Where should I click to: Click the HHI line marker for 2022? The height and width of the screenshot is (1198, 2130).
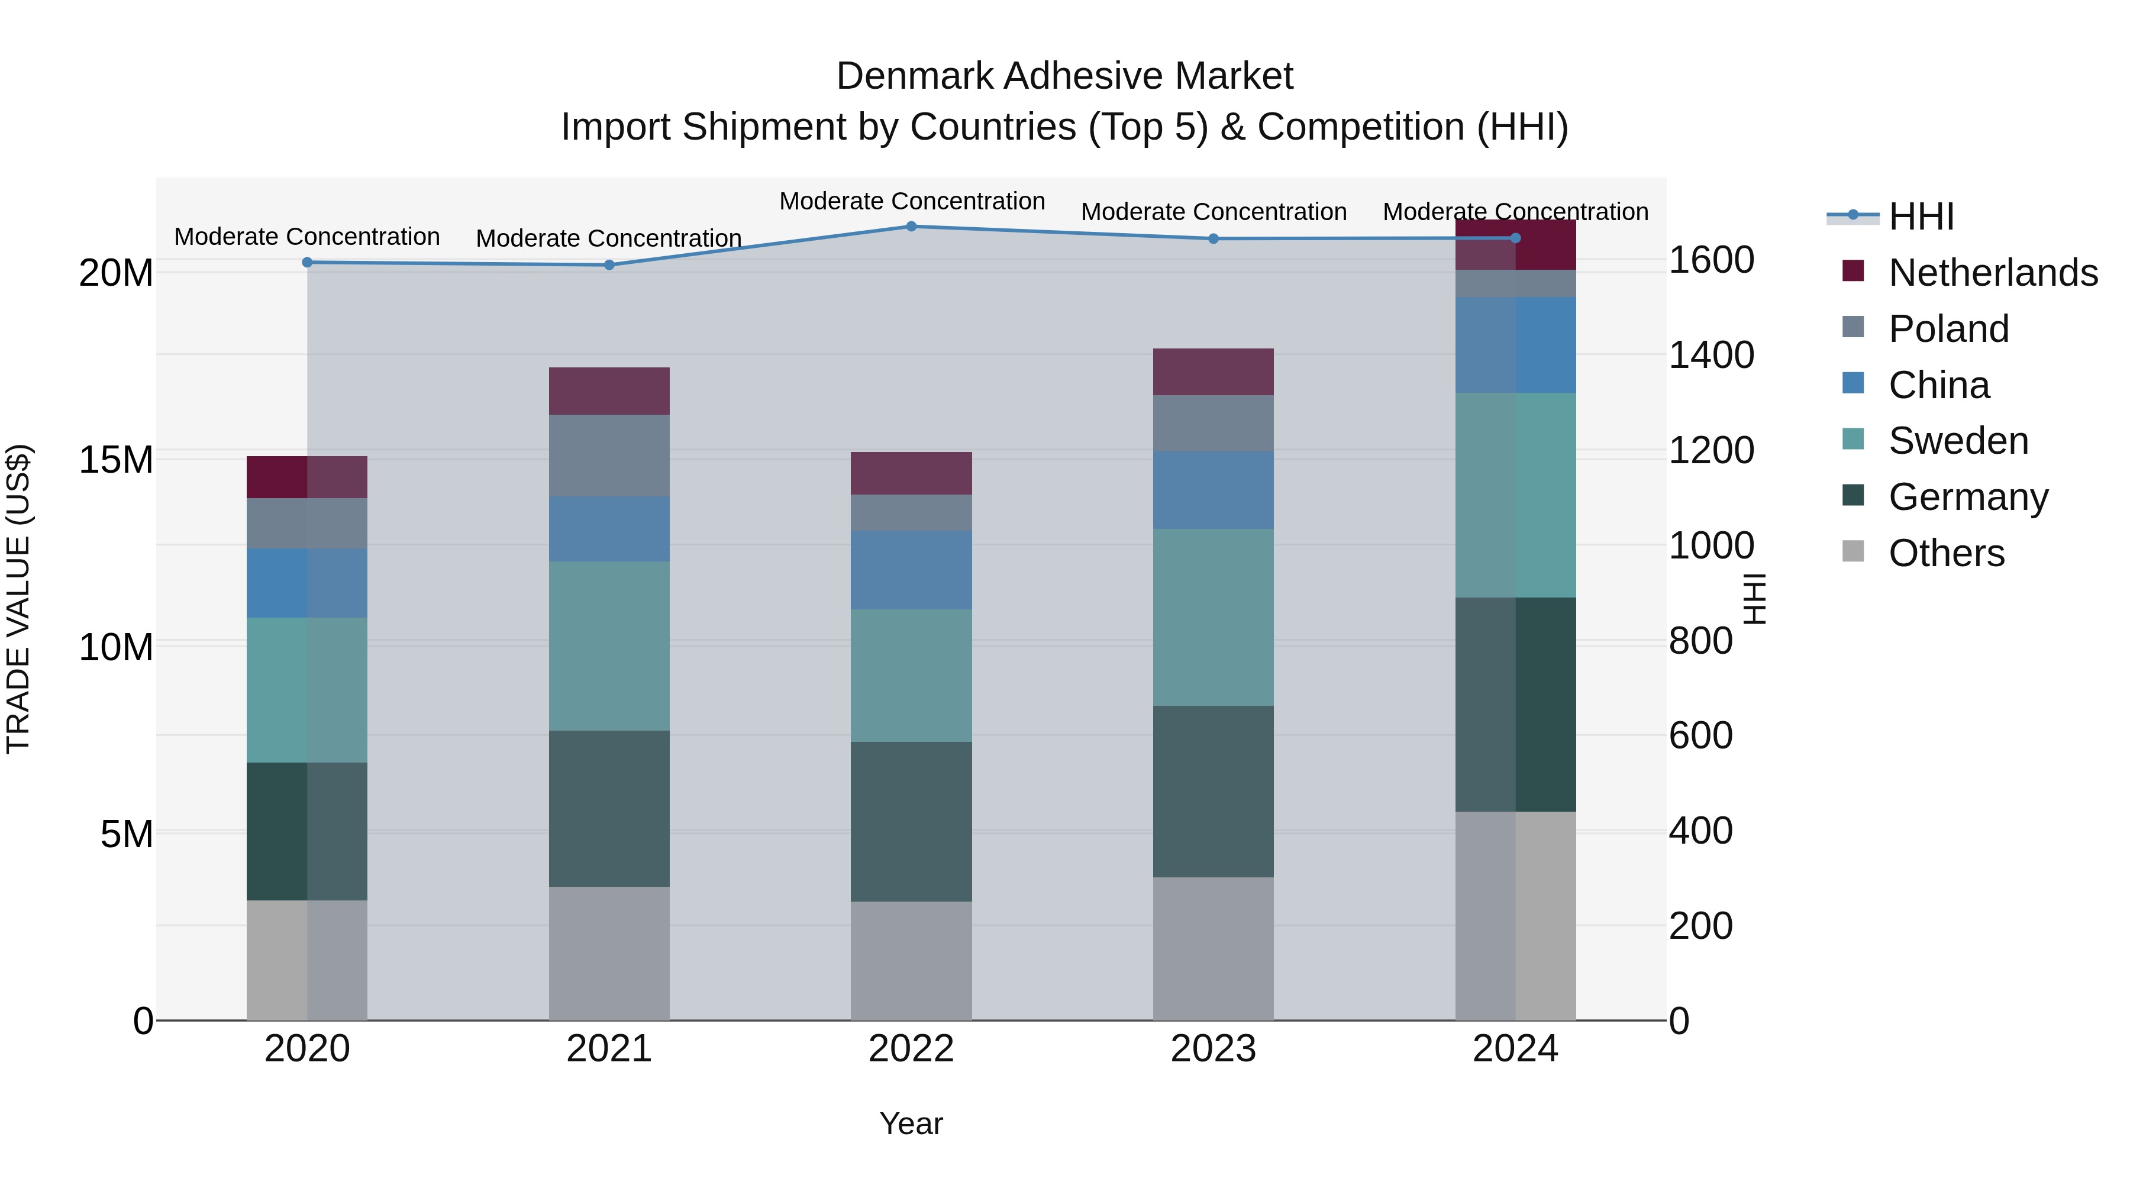pyautogui.click(x=911, y=227)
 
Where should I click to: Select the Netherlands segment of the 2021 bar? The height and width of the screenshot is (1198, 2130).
pyautogui.click(x=609, y=391)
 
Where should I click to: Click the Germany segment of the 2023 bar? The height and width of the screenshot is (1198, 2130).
pyautogui.click(x=1213, y=791)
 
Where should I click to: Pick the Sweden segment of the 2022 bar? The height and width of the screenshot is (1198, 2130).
pyautogui.click(x=911, y=676)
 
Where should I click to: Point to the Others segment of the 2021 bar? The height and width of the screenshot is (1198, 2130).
pyautogui.click(x=609, y=953)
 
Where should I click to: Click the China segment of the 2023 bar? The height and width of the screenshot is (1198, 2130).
pyautogui.click(x=1213, y=490)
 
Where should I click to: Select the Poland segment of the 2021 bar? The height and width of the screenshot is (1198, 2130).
pyautogui.click(x=609, y=456)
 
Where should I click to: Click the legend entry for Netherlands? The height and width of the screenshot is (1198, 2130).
pyautogui.click(x=1993, y=273)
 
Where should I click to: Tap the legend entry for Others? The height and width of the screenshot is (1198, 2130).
pyautogui.click(x=1947, y=553)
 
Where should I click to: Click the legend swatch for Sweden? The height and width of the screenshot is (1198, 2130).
pyautogui.click(x=1854, y=439)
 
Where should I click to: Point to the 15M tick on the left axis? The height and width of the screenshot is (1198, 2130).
pyautogui.click(x=116, y=460)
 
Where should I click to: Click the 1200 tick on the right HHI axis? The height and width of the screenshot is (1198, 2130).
pyautogui.click(x=1711, y=451)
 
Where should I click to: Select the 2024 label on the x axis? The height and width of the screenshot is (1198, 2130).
pyautogui.click(x=1515, y=1049)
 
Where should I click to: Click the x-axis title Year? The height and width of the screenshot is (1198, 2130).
pyautogui.click(x=911, y=1123)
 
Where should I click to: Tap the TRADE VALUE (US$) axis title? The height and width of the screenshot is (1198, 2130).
pyautogui.click(x=18, y=599)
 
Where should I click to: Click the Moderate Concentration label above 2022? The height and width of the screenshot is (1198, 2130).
pyautogui.click(x=912, y=201)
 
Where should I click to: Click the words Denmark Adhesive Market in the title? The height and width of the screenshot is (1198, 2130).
pyautogui.click(x=1064, y=76)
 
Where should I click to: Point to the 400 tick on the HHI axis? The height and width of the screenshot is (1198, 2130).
pyautogui.click(x=1700, y=831)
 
